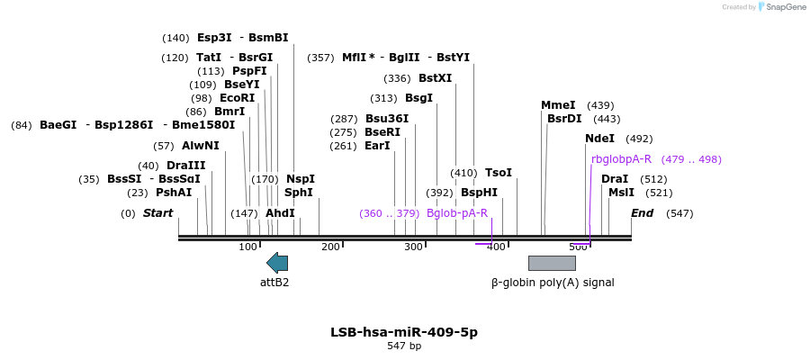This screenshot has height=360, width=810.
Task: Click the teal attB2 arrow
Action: (277, 263)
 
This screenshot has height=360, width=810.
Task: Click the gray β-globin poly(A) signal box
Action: (552, 263)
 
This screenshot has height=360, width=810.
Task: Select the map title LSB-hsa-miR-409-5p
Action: (404, 332)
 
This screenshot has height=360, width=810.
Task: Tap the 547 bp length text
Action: (404, 346)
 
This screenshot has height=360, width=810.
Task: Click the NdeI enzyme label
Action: (599, 139)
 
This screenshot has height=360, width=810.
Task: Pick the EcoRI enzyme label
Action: (237, 98)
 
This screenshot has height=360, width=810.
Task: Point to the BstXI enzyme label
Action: (436, 78)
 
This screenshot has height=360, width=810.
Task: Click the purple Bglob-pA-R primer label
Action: (457, 213)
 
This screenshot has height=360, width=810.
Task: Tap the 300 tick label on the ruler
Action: (413, 247)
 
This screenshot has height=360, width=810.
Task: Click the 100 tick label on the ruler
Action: (247, 247)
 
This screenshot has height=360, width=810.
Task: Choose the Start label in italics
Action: (157, 213)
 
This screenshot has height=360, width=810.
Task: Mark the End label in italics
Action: (642, 213)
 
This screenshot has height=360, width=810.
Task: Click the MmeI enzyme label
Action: (558, 105)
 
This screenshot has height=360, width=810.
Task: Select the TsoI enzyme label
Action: (499, 173)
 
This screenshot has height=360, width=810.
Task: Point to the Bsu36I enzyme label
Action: (387, 119)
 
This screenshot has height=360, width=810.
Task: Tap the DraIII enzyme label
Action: (185, 166)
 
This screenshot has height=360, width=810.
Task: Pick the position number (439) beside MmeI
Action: (600, 105)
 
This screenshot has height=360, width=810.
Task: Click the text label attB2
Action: (274, 282)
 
